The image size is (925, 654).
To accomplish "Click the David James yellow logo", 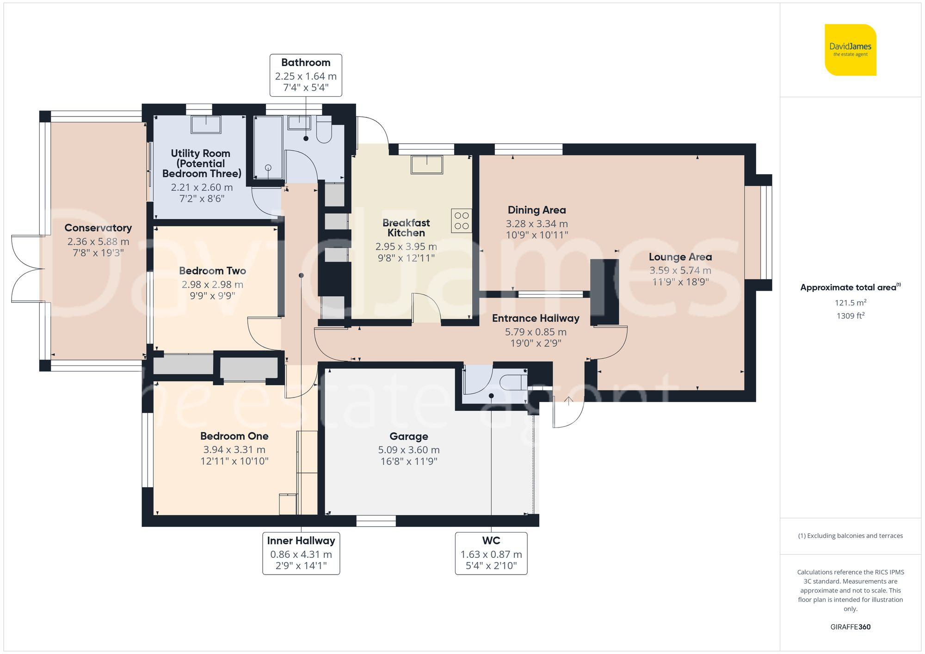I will [850, 50].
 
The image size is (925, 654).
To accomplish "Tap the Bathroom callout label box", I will [306, 75].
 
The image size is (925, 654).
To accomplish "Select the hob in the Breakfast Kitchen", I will [461, 220].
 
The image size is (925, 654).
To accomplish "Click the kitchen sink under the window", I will [426, 165].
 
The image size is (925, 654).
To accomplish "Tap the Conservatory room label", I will [98, 228].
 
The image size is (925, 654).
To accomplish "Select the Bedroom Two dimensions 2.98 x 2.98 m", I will [212, 285].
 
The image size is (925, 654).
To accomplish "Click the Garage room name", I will [408, 436].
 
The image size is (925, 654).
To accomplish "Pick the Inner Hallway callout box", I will [301, 553].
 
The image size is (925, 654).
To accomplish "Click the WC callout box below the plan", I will [491, 553].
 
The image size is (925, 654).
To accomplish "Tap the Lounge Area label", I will [680, 257].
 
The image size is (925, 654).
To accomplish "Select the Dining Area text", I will [536, 210].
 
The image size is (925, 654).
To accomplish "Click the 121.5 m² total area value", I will [850, 303].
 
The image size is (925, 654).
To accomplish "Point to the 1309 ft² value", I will [850, 316].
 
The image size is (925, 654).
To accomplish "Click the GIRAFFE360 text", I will [850, 627].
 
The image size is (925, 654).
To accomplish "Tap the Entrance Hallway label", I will [536, 318].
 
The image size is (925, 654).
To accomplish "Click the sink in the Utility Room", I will [205, 124].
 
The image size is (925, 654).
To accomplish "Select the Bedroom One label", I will [234, 436].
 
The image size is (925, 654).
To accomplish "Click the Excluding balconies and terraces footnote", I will [850, 536].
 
